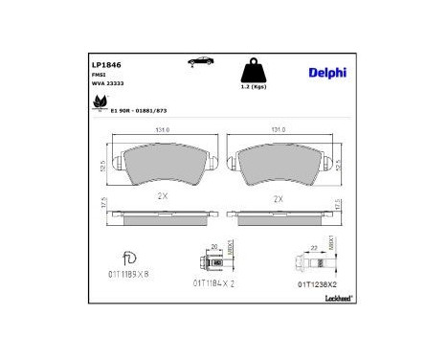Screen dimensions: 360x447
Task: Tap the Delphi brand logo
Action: [x=326, y=72]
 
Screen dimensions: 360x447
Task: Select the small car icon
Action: [x=200, y=61]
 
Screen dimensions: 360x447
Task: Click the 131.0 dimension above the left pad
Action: [x=163, y=131]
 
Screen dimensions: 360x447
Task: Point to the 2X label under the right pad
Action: [x=279, y=199]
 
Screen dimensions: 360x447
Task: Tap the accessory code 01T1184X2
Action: [x=214, y=284]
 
